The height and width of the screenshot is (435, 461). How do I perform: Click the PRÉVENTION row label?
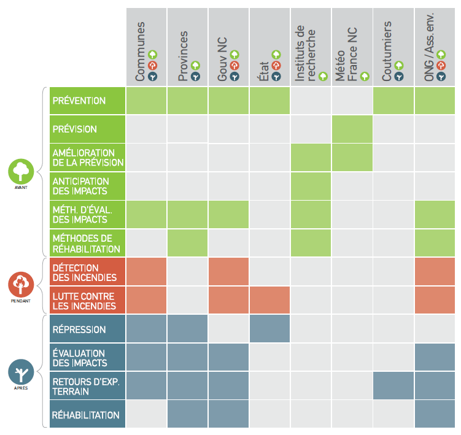[x=87, y=101]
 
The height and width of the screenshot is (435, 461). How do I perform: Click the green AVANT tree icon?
[x=21, y=171]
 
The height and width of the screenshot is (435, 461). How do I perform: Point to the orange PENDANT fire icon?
[x=21, y=285]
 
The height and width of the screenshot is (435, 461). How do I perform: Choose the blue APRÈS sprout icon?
[x=21, y=372]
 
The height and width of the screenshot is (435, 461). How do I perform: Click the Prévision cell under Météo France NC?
[x=352, y=129]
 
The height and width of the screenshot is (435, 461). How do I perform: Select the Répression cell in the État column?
[x=269, y=329]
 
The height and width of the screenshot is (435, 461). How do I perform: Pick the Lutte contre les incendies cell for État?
[x=269, y=301]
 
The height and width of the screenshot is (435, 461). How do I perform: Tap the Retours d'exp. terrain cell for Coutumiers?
[x=393, y=386]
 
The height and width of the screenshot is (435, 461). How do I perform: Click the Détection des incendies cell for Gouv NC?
[x=228, y=272]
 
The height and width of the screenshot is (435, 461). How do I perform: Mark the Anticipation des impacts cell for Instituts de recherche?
[x=311, y=186]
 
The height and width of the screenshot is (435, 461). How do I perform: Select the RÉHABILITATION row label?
[x=87, y=415]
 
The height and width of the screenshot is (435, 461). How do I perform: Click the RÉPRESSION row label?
[x=87, y=329]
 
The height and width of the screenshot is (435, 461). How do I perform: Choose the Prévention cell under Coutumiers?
[x=393, y=101]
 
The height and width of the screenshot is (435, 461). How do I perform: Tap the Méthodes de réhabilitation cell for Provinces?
[x=187, y=243]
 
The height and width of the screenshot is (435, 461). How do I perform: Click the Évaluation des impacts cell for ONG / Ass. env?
[x=435, y=358]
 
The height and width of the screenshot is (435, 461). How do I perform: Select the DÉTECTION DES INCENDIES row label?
[x=87, y=272]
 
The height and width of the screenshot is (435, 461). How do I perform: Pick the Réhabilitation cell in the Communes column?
[x=146, y=415]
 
